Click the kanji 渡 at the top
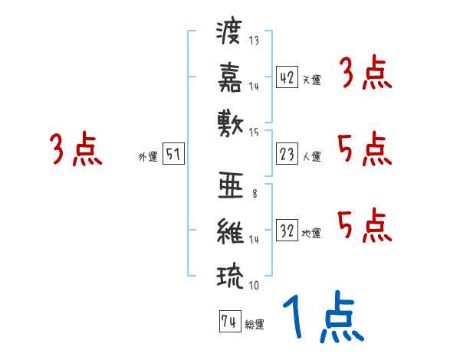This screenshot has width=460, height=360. (231, 34)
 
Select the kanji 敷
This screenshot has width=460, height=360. (231, 122)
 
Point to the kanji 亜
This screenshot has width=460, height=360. (231, 186)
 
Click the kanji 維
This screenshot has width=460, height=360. (231, 230)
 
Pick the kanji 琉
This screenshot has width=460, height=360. (231, 273)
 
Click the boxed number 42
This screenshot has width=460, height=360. (287, 77)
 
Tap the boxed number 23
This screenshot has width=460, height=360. (287, 154)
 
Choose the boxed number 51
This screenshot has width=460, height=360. (173, 154)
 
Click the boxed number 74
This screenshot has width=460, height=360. (228, 322)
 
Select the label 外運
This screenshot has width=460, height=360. (147, 157)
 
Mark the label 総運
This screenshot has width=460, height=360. (255, 325)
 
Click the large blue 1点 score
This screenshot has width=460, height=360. (322, 318)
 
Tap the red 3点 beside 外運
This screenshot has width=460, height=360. (76, 149)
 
